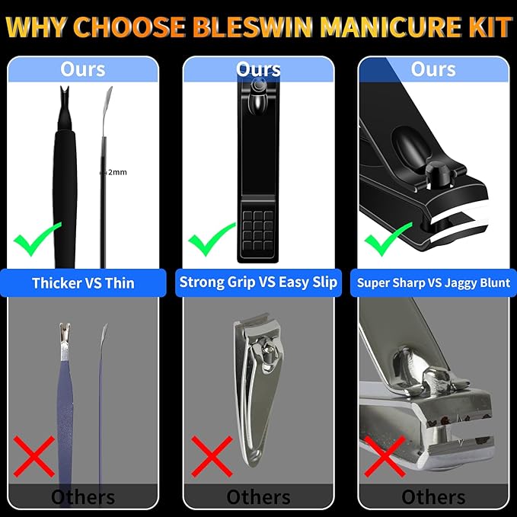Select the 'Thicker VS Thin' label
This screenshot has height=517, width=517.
coord(83,283)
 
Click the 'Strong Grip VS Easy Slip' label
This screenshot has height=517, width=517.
coord(258,282)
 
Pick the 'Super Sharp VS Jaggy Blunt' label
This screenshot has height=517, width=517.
coord(433,283)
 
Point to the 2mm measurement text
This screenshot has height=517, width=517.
coord(116,172)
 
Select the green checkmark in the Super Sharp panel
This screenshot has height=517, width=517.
coord(388,241)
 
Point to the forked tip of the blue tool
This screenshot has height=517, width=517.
coord(65,333)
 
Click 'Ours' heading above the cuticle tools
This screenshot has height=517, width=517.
coord(83,69)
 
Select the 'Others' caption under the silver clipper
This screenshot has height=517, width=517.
coord(258,497)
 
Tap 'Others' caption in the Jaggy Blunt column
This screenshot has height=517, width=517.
coord(433,497)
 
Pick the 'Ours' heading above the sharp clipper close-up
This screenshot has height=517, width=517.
coord(433,69)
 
